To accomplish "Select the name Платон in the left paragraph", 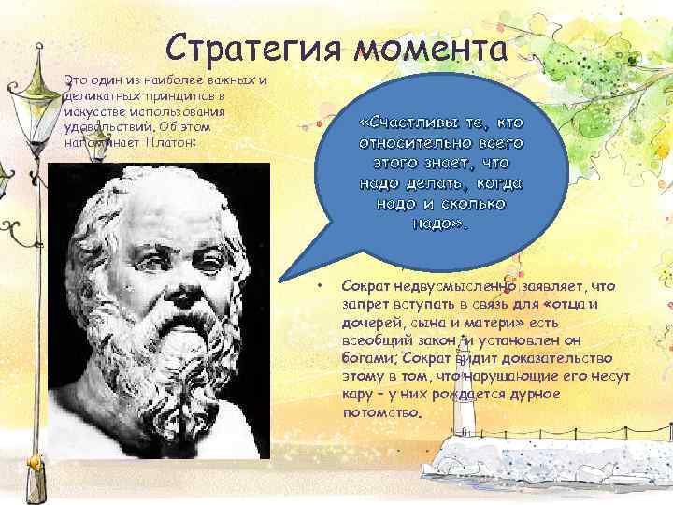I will tap(168, 143).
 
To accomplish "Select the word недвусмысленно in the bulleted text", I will tap(452, 286).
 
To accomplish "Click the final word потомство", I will tap(382, 411).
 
